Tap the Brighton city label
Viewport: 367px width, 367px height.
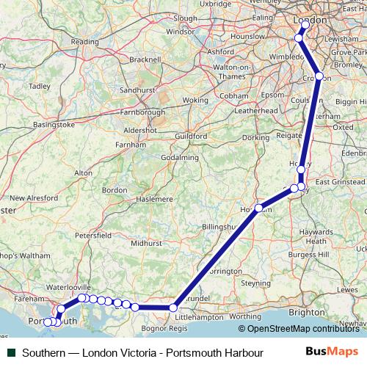(305, 312)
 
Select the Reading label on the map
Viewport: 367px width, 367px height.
(84, 42)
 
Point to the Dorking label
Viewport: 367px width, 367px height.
(256, 137)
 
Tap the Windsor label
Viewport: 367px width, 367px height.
(180, 32)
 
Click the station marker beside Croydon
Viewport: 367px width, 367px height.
(319, 76)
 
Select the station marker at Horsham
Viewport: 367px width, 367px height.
(258, 208)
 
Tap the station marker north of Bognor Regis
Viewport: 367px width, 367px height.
(174, 308)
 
